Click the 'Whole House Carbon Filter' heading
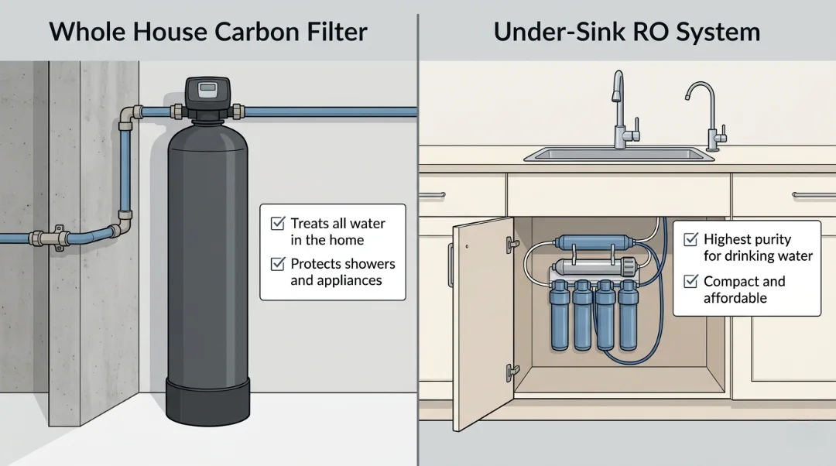tap(207, 32)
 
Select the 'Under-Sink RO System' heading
tap(626, 32)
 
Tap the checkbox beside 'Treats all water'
tap(277, 224)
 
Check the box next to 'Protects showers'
tap(277, 264)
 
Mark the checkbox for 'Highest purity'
tap(690, 240)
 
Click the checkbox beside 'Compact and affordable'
tap(690, 282)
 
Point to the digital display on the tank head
tap(207, 88)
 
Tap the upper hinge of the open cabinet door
tap(511, 242)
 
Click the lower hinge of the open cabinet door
tap(509, 372)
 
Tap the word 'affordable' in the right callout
tap(735, 298)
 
